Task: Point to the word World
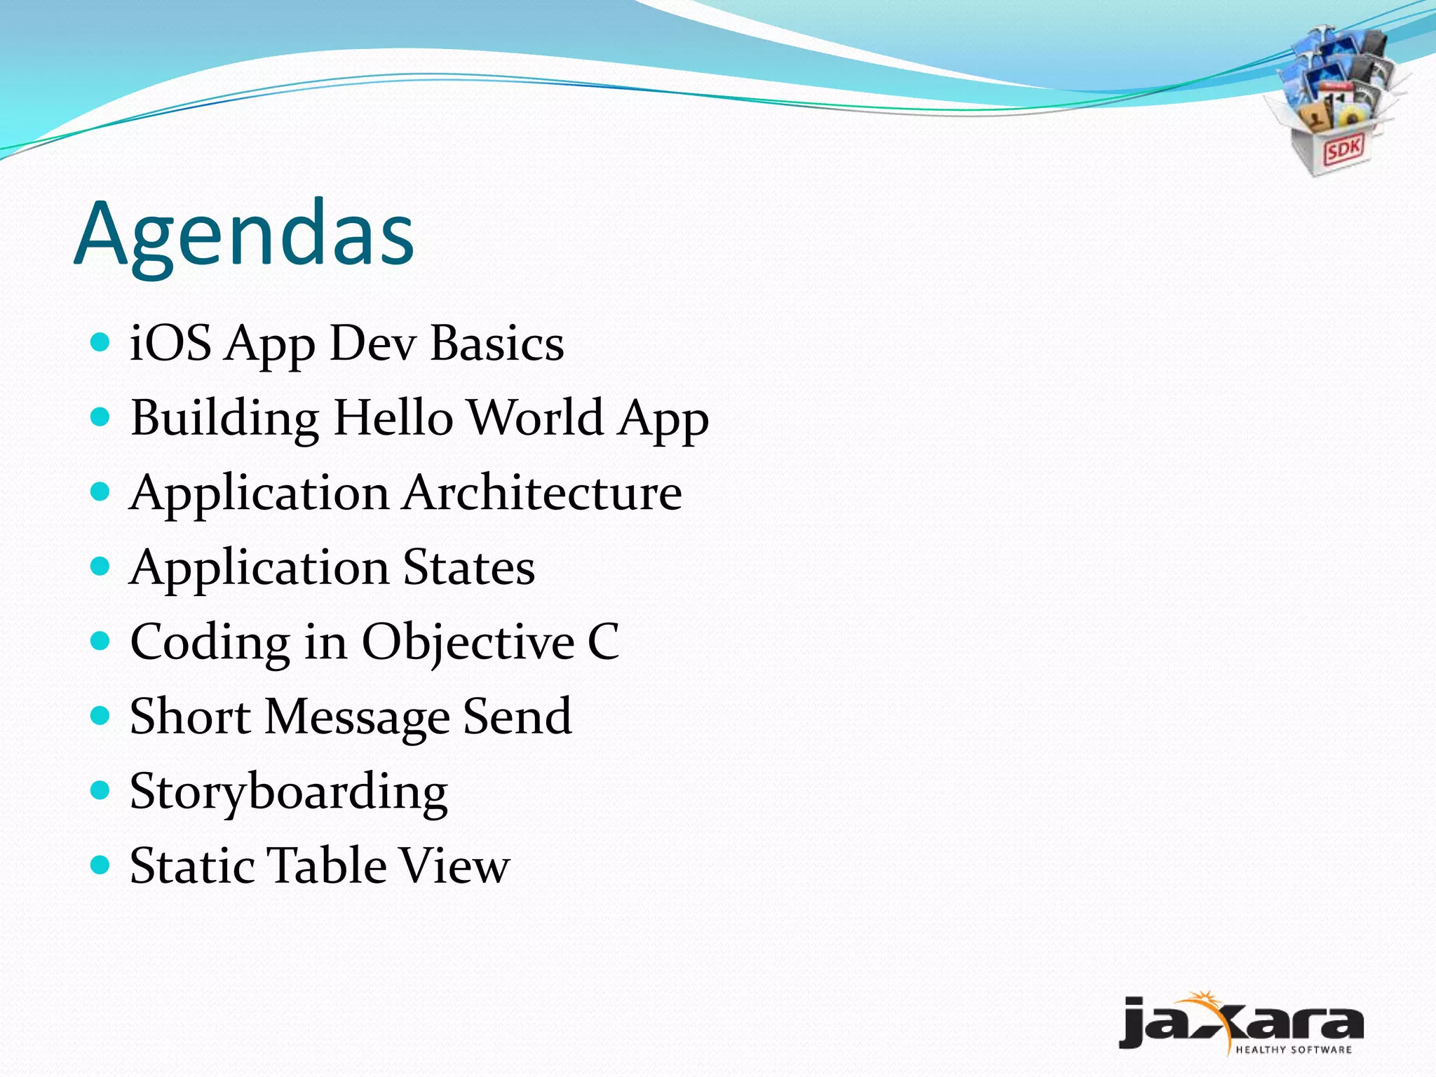tap(535, 418)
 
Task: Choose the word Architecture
tap(542, 492)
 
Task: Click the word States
tap(468, 567)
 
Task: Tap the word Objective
tap(468, 642)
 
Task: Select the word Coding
tap(210, 643)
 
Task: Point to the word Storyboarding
tap(288, 792)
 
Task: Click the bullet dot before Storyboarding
tap(101, 791)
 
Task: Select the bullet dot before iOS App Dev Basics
tap(101, 342)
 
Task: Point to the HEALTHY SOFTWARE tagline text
tap(1293, 1050)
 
